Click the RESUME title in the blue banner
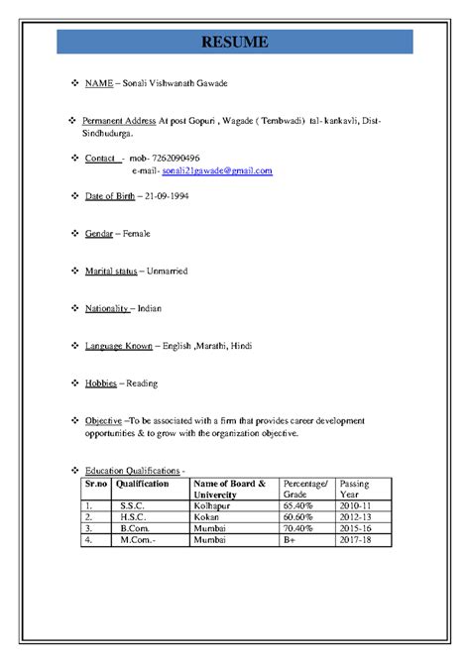(235, 42)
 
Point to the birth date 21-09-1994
(164, 196)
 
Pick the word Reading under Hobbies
(142, 384)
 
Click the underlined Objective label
(104, 421)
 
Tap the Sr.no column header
(95, 485)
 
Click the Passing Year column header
(354, 490)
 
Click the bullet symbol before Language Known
(76, 346)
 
